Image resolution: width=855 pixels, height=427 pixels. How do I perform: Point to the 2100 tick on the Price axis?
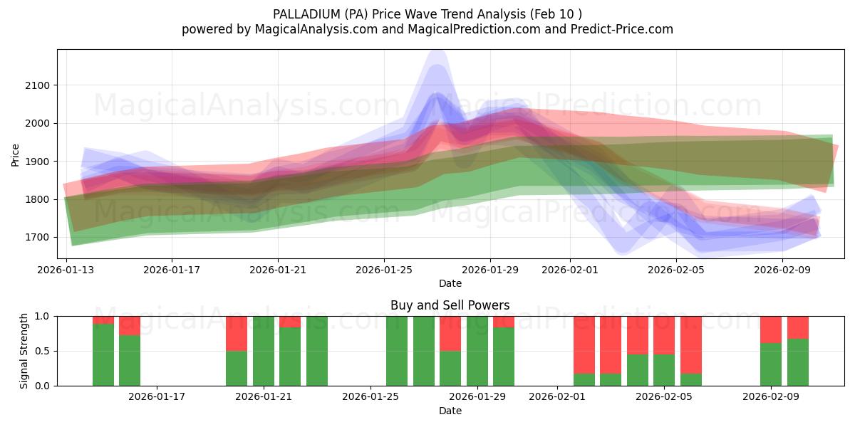click(x=38, y=85)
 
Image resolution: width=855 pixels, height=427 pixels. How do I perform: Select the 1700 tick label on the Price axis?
click(x=38, y=237)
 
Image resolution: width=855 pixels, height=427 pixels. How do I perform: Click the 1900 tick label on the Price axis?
click(x=38, y=162)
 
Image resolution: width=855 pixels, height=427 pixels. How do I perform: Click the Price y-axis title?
click(x=16, y=154)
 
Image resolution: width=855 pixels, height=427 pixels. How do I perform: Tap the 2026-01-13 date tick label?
click(x=66, y=270)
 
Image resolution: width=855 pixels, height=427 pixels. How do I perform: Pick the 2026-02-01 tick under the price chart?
click(x=569, y=270)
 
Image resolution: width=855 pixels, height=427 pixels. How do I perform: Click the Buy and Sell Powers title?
click(x=450, y=305)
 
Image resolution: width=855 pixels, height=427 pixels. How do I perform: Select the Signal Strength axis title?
click(x=24, y=351)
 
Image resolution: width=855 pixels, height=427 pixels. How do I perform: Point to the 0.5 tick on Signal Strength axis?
click(x=43, y=351)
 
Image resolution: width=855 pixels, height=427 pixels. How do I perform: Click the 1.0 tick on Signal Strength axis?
click(x=43, y=316)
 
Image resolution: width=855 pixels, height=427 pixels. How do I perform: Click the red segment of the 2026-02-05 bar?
click(x=664, y=334)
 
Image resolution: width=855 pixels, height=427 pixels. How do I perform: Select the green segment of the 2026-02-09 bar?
click(x=771, y=364)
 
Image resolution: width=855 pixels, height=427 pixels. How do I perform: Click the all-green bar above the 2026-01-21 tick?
click(x=264, y=351)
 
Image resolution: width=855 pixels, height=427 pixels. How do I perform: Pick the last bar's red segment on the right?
click(x=797, y=327)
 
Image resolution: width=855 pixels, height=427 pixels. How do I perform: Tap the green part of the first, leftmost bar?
click(x=103, y=354)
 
